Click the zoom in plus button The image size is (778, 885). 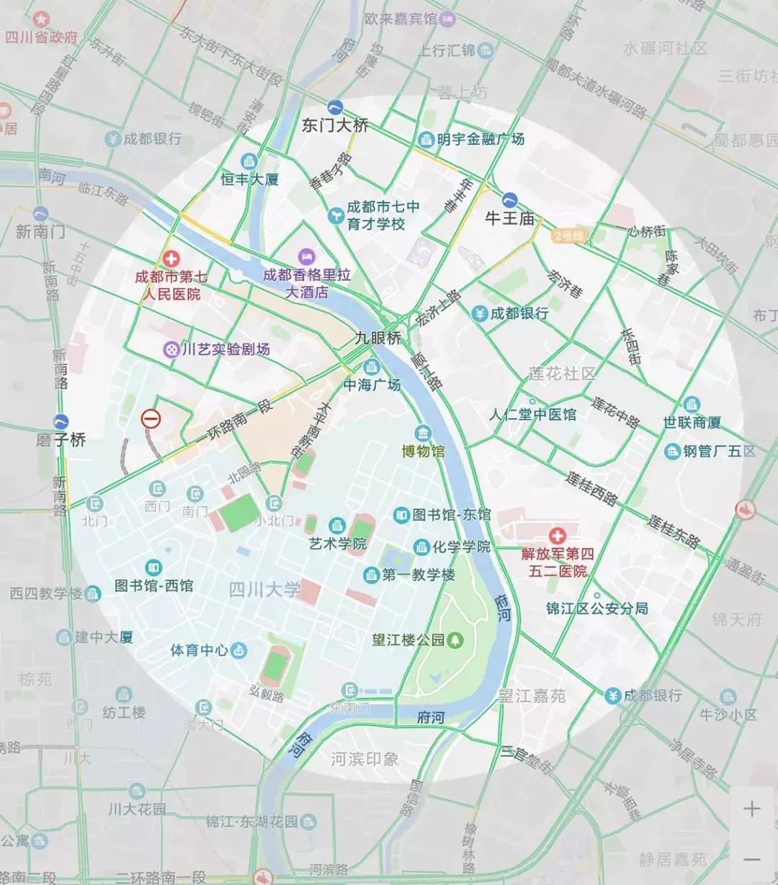751,809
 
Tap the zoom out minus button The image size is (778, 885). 751,859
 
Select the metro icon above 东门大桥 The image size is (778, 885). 335,107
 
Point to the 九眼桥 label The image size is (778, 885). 377,337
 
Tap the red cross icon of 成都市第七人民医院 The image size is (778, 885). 171,259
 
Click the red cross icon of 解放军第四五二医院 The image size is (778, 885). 557,536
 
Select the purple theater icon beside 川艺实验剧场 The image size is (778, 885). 171,349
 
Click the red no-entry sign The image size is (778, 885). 151,418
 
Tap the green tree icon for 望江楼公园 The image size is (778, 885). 455,639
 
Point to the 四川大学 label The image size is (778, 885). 264,590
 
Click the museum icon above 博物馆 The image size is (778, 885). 423,433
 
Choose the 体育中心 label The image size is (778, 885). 199,650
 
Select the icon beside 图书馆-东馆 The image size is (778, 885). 401,515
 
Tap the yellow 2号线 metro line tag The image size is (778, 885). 570,235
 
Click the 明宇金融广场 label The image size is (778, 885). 480,139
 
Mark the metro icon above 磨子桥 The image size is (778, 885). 61,422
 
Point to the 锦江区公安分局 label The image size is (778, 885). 596,608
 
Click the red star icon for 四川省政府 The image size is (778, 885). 42,18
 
